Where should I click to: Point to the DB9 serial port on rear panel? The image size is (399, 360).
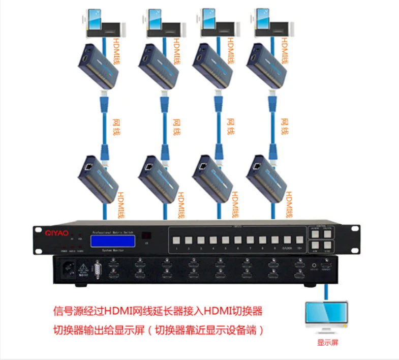pyautogui.click(x=98, y=268)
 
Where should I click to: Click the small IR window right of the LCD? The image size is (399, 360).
pyautogui.click(x=147, y=235)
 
